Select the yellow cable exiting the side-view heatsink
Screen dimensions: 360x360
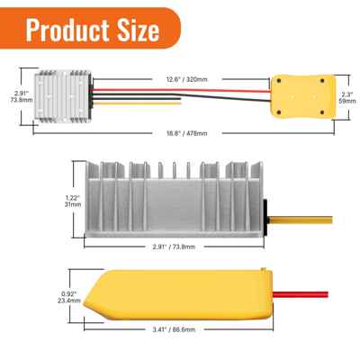coord(292,216)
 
